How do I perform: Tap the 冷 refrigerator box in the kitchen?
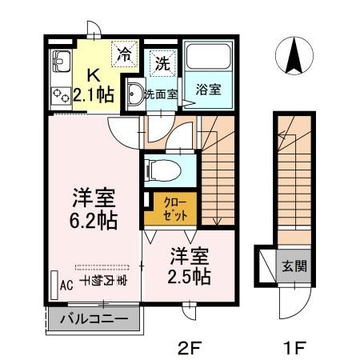(x=124, y=54)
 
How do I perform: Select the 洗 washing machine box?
(x=162, y=62)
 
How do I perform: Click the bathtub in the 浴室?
(x=208, y=59)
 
